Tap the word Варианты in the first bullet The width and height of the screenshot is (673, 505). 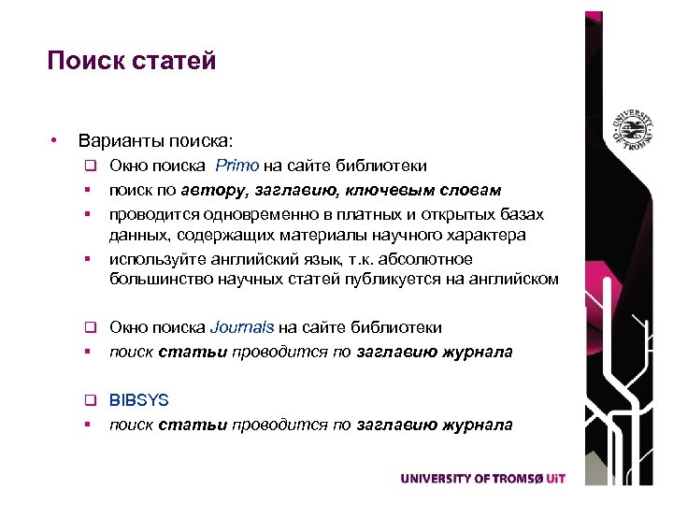point(119,141)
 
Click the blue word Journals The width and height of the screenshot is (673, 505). point(242,327)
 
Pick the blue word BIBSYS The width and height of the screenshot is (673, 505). point(139,400)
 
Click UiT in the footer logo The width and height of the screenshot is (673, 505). point(556,478)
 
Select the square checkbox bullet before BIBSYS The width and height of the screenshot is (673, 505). point(92,401)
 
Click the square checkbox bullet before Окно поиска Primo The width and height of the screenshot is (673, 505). point(92,166)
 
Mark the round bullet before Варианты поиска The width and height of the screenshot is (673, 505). point(56,141)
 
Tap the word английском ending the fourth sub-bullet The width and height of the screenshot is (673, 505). point(512,279)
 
